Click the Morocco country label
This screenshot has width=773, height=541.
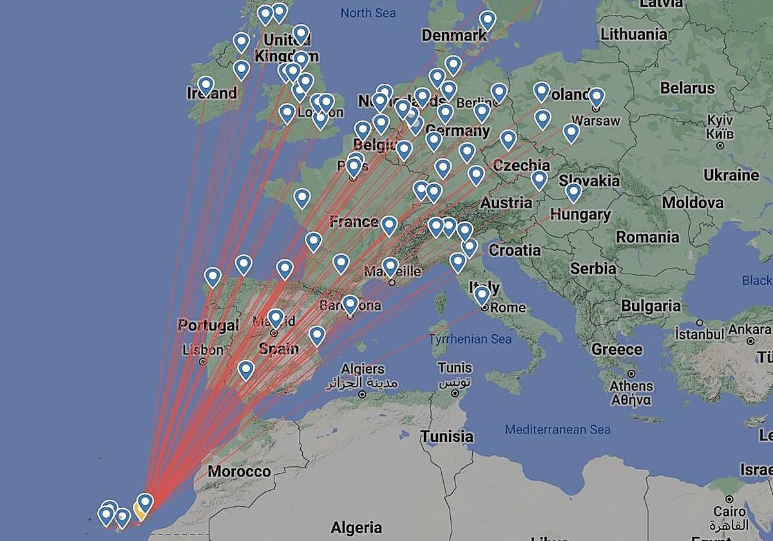click(x=239, y=471)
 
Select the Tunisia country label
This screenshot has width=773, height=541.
click(x=447, y=437)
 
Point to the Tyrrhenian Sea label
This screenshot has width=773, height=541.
click(x=470, y=339)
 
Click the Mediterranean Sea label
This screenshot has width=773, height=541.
click(x=557, y=430)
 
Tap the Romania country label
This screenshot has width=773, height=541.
click(x=647, y=236)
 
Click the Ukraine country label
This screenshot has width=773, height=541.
click(x=731, y=175)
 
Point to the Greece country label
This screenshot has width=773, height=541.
click(x=616, y=350)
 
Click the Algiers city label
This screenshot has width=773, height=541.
click(x=363, y=369)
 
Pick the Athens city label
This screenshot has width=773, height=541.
click(x=631, y=386)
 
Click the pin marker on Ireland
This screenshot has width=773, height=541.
click(x=206, y=84)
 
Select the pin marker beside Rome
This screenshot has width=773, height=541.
click(x=482, y=295)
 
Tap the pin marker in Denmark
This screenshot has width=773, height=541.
click(x=488, y=20)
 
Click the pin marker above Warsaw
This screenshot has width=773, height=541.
click(x=596, y=97)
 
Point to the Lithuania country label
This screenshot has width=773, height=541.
click(x=634, y=33)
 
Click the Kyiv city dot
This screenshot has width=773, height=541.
click(x=720, y=146)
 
